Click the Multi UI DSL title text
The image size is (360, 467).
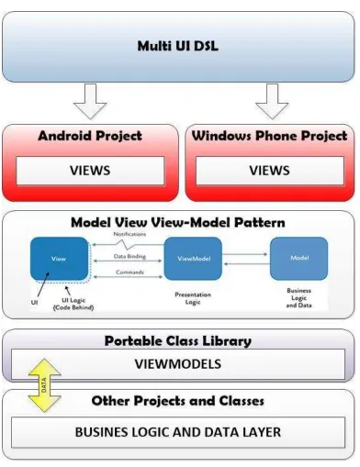pyautogui.click(x=178, y=46)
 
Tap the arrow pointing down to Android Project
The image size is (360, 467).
pyautogui.click(x=90, y=101)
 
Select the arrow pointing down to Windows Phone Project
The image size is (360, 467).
pyautogui.click(x=272, y=101)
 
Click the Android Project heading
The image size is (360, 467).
pyautogui.click(x=90, y=136)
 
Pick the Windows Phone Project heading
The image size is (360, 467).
pyautogui.click(x=269, y=136)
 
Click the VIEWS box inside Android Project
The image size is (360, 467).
pyautogui.click(x=90, y=171)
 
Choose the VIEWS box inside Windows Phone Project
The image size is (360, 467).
pyautogui.click(x=270, y=171)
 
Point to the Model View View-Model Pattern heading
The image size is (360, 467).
pyautogui.click(x=178, y=222)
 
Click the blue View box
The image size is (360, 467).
pyautogui.click(x=59, y=259)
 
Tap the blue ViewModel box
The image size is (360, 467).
pyautogui.click(x=193, y=259)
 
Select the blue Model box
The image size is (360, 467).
pyautogui.click(x=299, y=258)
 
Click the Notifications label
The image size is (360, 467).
pyautogui.click(x=129, y=234)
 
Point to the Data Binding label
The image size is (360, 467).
pyautogui.click(x=129, y=256)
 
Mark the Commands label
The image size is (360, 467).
pyautogui.click(x=129, y=272)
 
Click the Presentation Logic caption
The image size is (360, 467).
pyautogui.click(x=193, y=298)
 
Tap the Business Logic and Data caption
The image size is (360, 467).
pyautogui.click(x=299, y=298)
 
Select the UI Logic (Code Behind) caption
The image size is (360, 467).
pyautogui.click(x=73, y=304)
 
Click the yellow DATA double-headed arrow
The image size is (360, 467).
pyautogui.click(x=44, y=385)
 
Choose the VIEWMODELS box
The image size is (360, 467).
pyautogui.click(x=178, y=364)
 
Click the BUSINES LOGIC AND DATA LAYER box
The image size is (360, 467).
pyautogui.click(x=178, y=432)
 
